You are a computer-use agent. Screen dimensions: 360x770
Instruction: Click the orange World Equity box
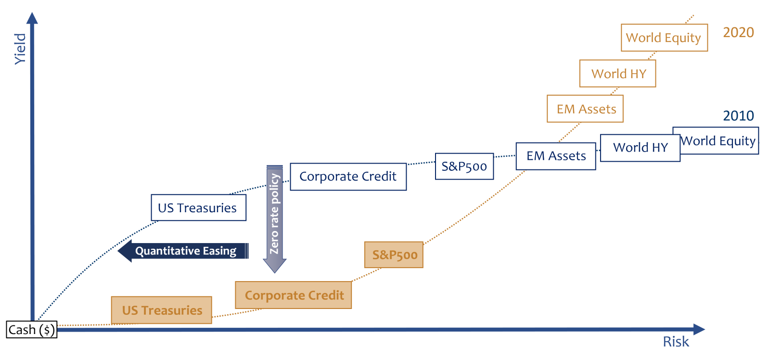point(664,38)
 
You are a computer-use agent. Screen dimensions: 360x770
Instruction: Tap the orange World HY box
point(617,74)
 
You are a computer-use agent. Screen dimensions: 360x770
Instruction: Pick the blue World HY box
point(640,148)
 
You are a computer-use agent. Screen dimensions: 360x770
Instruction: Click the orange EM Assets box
point(585,109)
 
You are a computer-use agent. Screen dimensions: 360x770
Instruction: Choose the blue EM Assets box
point(556,156)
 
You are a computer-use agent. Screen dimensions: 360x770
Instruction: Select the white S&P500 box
point(464,167)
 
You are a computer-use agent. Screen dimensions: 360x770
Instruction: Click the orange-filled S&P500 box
point(394,255)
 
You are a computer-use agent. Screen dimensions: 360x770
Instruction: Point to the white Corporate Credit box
point(348,177)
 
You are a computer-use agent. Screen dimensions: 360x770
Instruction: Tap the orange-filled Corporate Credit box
point(294,295)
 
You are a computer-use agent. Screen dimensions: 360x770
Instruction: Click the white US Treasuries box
point(198,208)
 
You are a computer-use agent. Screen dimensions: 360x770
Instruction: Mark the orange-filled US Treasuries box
point(162,310)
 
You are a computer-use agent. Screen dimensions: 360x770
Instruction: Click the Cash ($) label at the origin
point(32,330)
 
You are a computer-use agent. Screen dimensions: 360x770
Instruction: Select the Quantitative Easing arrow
point(184,251)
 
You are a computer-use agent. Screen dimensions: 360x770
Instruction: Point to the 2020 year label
point(738,32)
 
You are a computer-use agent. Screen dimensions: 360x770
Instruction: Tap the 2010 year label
point(738,116)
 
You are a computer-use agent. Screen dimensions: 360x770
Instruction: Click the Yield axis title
point(20,49)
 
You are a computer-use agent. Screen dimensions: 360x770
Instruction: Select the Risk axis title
point(676,342)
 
